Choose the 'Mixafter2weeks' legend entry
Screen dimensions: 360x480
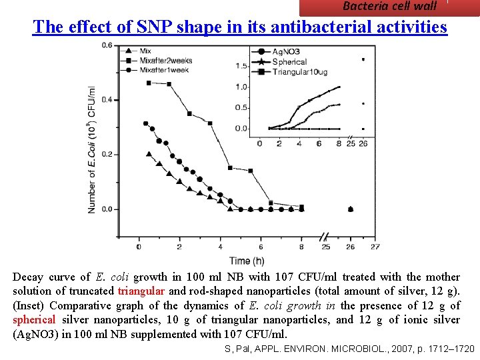point(165,61)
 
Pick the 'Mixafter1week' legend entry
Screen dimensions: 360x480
point(164,70)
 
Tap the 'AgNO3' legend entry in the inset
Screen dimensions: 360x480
point(285,52)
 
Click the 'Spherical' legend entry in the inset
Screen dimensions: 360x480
point(289,62)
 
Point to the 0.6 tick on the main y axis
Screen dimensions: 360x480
point(107,45)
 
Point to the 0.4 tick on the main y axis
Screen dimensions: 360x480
point(107,100)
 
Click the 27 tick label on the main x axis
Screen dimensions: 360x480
point(375,247)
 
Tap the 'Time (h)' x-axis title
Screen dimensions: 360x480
point(247,261)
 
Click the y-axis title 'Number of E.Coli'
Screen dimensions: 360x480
point(91,150)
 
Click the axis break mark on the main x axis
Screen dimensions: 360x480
point(325,237)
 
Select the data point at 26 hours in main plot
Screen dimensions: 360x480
point(351,209)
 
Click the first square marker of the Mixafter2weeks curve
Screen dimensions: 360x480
point(149,83)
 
